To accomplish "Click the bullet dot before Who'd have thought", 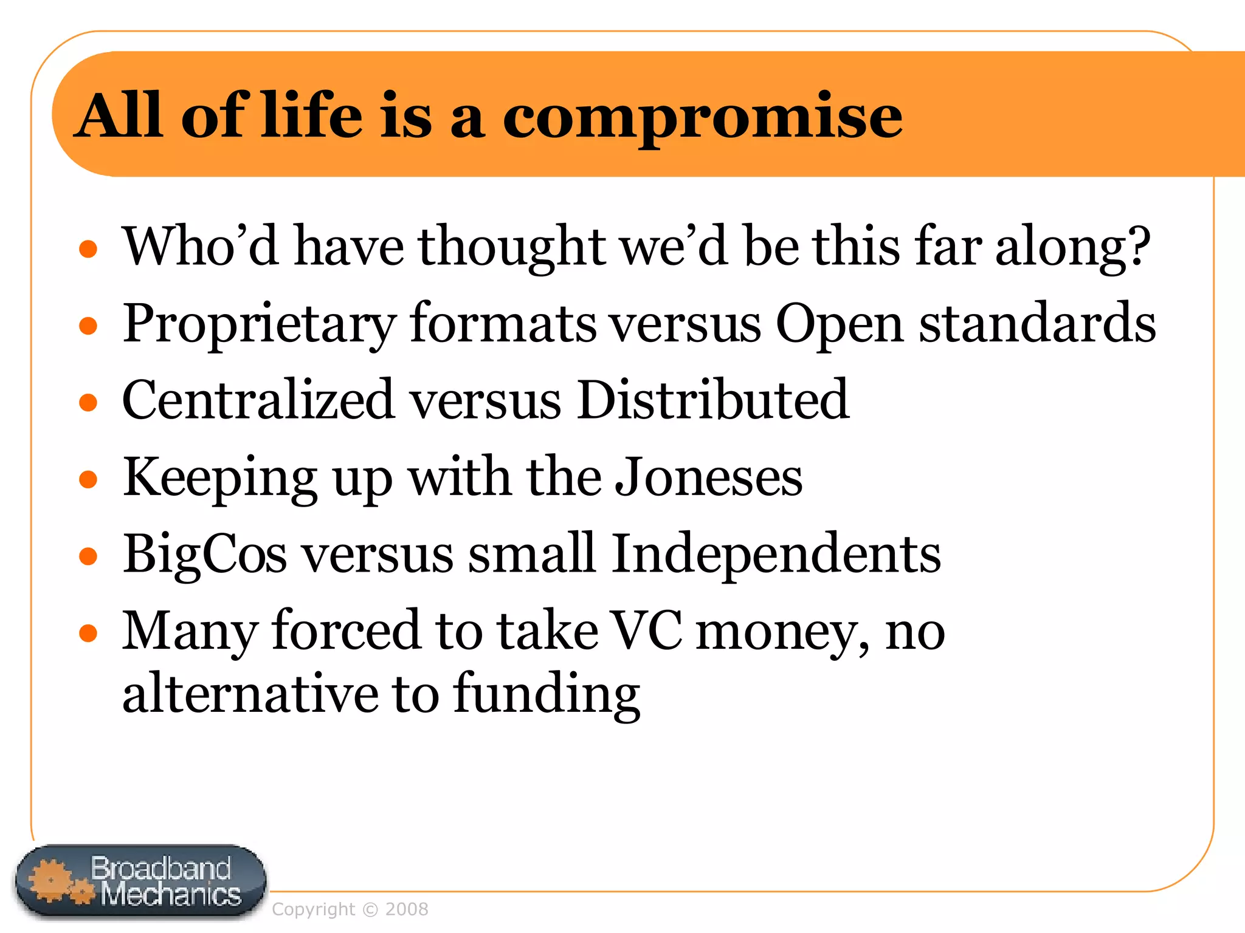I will pos(89,248).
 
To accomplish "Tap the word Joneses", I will pos(708,477).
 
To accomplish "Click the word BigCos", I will pos(204,554).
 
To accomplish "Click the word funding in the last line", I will pos(547,694).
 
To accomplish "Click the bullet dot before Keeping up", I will pos(89,479).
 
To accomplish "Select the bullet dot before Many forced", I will pos(89,633).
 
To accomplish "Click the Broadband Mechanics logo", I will pos(141,882).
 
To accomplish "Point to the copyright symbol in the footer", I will pos(370,910).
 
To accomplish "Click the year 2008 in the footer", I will pos(407,910).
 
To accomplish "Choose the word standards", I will pos(1037,324).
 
